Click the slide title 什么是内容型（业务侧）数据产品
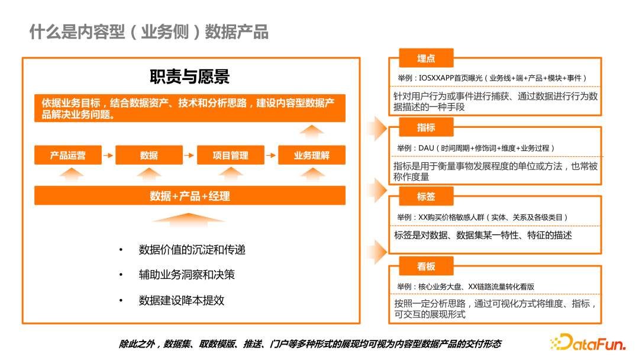(x=149, y=32)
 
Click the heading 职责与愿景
(x=189, y=76)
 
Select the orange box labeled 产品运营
(x=68, y=155)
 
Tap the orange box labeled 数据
(x=149, y=155)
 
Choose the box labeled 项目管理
(x=230, y=155)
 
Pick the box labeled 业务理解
(x=312, y=155)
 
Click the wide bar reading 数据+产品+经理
(x=190, y=196)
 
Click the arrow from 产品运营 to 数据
(x=108, y=155)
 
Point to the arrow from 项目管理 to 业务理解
(x=271, y=155)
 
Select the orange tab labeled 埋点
(x=426, y=58)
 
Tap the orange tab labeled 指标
(x=426, y=127)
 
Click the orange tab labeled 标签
(x=426, y=197)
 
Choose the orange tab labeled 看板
(x=426, y=266)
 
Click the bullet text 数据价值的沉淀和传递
(x=192, y=250)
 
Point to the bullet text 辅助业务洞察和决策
(x=186, y=275)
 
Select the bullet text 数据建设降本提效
(x=182, y=300)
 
